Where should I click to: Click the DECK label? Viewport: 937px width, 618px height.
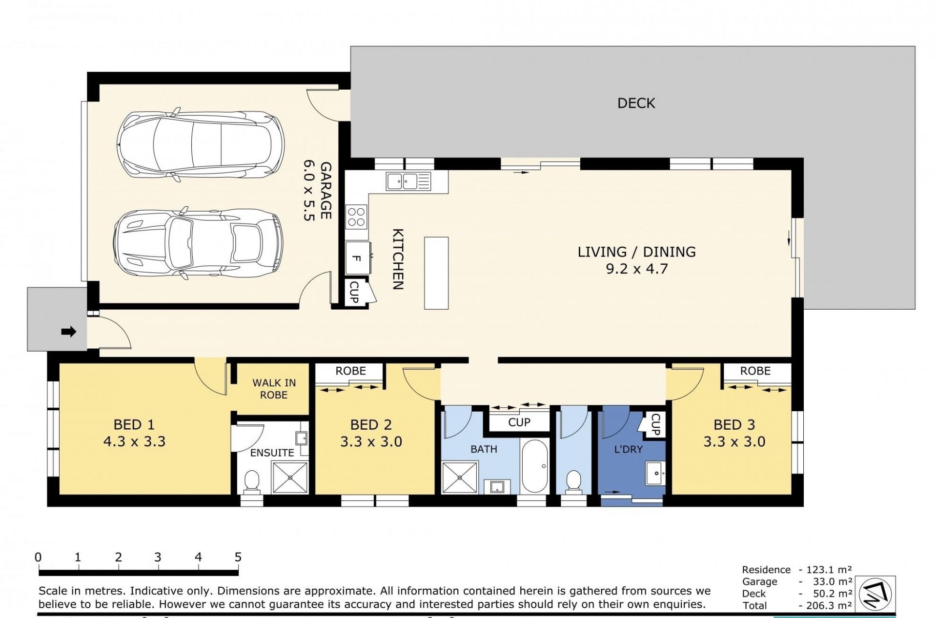636,103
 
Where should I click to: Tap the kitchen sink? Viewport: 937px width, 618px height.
408,181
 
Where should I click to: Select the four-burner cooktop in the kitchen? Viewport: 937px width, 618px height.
356,217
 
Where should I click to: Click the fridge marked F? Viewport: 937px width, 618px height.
358,259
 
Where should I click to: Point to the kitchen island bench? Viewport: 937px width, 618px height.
436,273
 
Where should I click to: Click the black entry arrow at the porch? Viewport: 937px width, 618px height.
69,332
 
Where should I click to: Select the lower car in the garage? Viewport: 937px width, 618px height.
198,243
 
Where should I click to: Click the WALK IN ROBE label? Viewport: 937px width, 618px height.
274,389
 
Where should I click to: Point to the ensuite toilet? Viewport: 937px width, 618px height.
252,481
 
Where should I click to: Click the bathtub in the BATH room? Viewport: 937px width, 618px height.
535,466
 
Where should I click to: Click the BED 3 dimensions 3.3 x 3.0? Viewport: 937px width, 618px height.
734,442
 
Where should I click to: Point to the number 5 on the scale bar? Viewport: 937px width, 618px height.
238,557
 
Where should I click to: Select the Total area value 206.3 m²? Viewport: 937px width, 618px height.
826,606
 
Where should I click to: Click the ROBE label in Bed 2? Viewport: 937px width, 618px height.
350,371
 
